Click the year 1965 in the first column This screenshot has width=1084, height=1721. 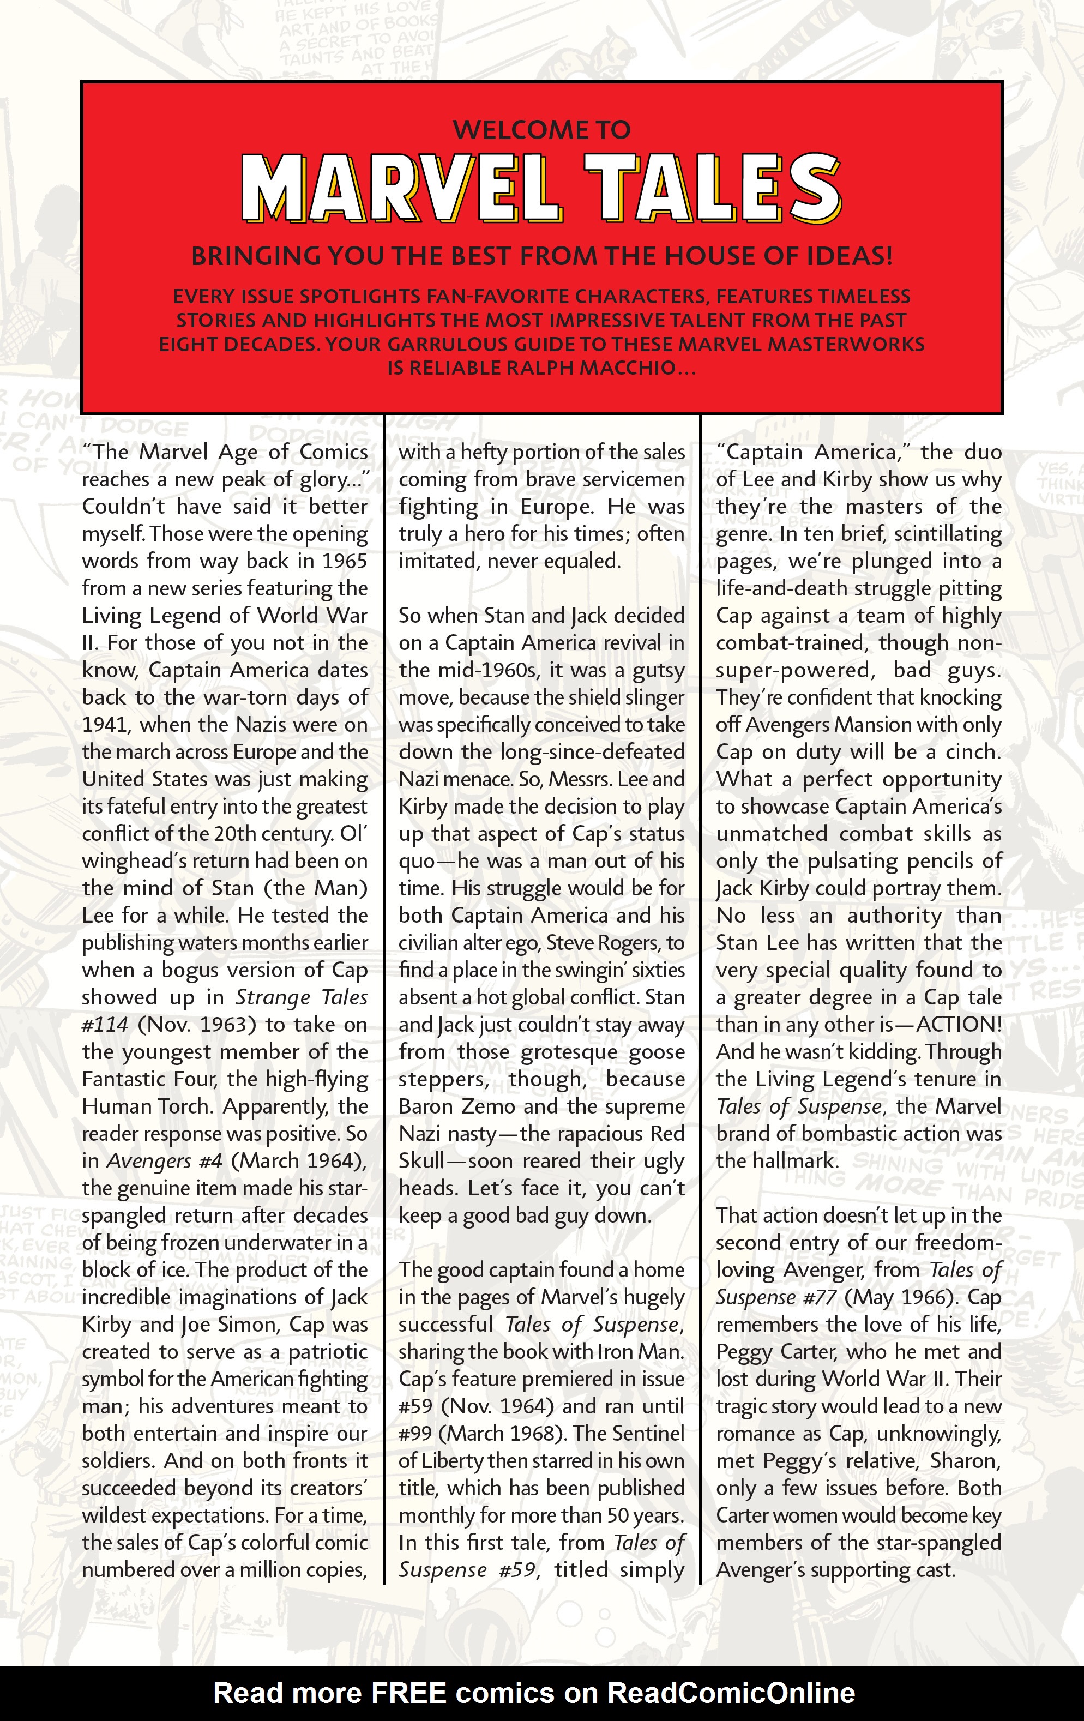click(x=345, y=561)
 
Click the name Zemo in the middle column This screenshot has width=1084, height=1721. click(x=489, y=1106)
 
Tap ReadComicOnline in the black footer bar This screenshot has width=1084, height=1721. click(x=730, y=1693)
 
